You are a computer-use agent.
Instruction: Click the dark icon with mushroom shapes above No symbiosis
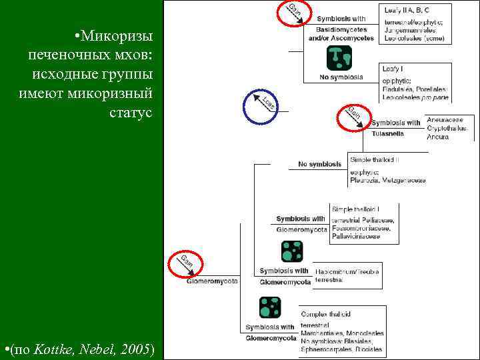pos(339,58)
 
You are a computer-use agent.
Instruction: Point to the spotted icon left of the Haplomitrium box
pos(291,252)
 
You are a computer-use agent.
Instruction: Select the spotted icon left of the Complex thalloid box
pos(270,307)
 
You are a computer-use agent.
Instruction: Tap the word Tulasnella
pos(389,133)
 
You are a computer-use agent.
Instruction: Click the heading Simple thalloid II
pos(374,160)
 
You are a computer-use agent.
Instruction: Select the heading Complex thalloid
pos(326,314)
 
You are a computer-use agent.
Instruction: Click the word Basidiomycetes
pos(341,30)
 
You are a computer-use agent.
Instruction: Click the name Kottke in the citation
pos(51,349)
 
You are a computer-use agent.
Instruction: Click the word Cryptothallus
pos(447,128)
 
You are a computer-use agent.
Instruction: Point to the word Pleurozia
pos(365,180)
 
